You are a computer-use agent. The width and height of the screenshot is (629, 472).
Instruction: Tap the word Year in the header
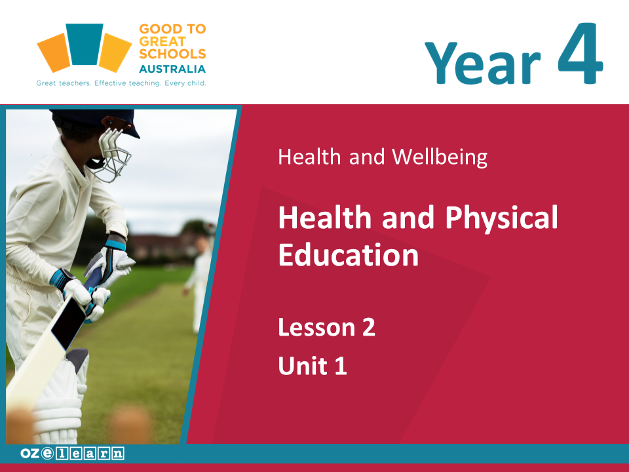[x=483, y=64]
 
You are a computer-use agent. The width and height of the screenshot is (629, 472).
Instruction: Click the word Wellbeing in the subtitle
[x=440, y=157]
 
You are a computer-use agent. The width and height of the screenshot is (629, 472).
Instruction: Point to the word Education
[x=348, y=254]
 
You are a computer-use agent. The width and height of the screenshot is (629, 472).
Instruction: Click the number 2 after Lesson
[x=369, y=327]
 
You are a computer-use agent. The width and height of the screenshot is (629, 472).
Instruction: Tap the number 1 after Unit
[x=341, y=366]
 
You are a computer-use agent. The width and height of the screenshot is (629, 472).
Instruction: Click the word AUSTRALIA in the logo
[x=172, y=69]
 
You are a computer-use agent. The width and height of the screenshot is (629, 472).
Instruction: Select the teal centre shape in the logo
[x=85, y=44]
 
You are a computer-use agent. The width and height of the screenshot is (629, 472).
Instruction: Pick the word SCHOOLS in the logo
[x=172, y=54]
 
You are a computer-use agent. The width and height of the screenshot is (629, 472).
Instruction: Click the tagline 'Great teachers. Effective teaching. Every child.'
[x=121, y=83]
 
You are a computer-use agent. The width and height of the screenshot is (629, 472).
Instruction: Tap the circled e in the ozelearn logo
[x=47, y=454]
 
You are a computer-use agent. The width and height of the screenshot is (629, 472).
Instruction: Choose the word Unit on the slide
[x=303, y=366]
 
